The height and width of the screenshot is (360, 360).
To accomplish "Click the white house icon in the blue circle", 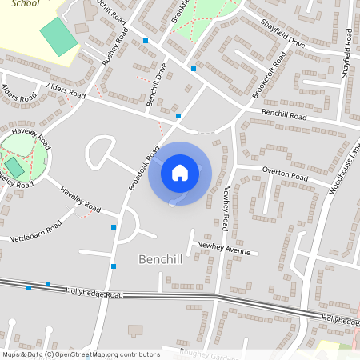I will pyautogui.click(x=180, y=172).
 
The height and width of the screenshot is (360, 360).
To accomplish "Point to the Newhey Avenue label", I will pyautogui.click(x=224, y=250).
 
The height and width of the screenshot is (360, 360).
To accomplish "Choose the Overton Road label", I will pyautogui.click(x=285, y=174).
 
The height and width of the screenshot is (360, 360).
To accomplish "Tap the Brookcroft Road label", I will pyautogui.click(x=270, y=77).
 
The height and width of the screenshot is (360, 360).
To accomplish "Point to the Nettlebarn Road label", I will pyautogui.click(x=35, y=234).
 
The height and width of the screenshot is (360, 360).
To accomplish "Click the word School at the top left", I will pyautogui.click(x=25, y=4).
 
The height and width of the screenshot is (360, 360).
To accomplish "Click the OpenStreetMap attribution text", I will pyautogui.click(x=80, y=354).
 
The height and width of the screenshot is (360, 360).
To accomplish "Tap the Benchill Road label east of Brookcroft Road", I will pyautogui.click(x=285, y=117).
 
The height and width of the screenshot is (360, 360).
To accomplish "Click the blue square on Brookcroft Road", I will pyautogui.click(x=194, y=69).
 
